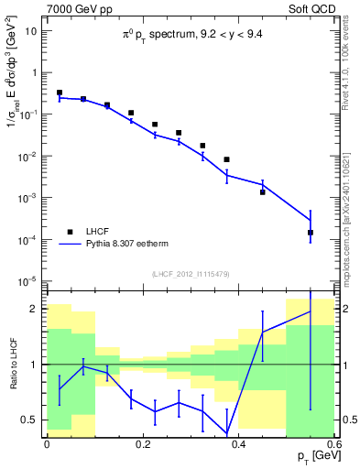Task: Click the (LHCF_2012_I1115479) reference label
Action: pos(189,274)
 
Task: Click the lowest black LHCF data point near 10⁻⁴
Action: pos(311,233)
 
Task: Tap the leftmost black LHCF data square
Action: pos(60,93)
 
